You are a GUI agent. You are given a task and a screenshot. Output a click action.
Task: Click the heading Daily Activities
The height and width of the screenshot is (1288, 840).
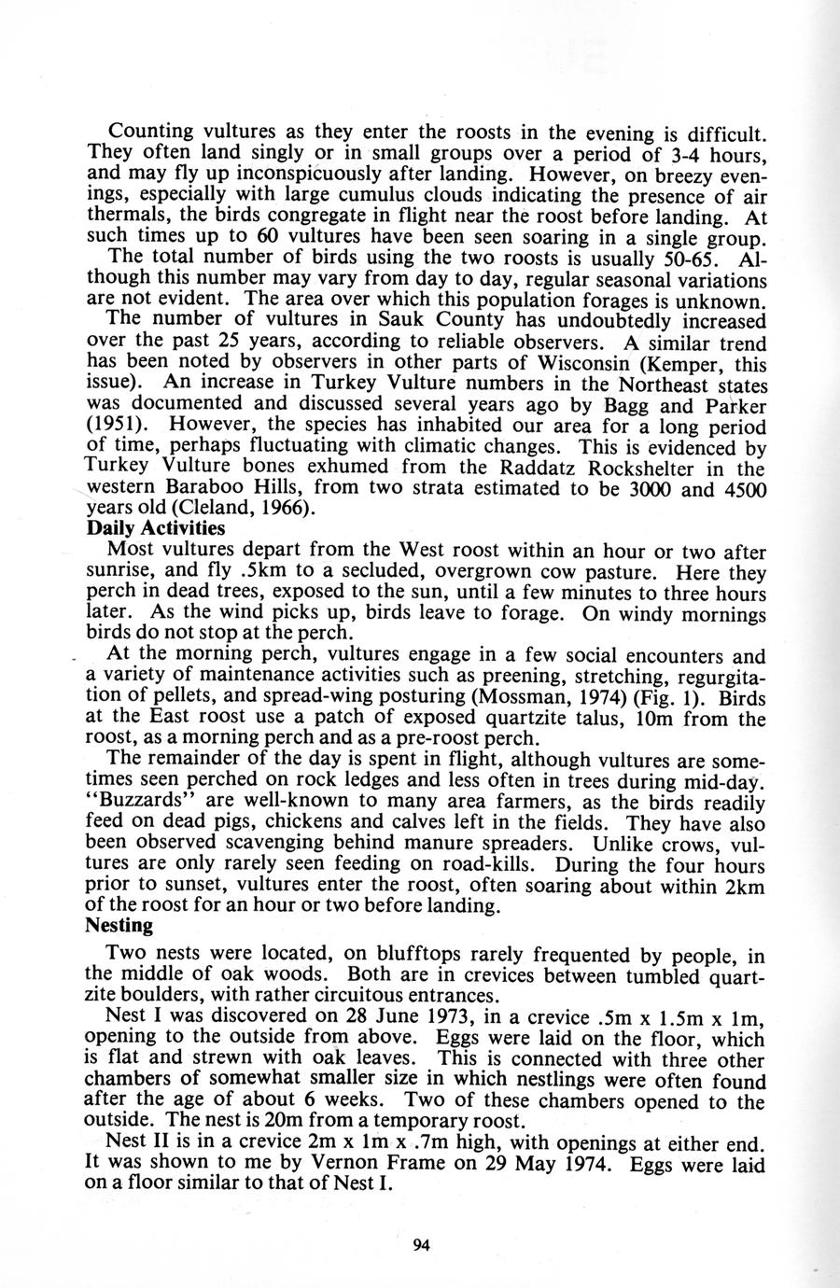155,526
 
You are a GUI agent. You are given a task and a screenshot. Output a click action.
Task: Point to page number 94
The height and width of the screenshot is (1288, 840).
420,1244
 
